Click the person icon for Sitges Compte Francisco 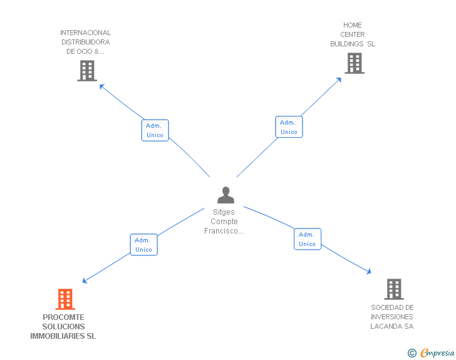(225, 195)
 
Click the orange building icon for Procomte (65, 299)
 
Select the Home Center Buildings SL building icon (354, 63)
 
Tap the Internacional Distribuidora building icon (87, 71)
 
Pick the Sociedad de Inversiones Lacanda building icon (393, 289)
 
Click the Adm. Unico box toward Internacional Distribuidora (155, 130)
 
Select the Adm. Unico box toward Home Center (289, 127)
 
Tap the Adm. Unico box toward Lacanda (307, 239)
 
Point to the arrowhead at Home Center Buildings (339, 80)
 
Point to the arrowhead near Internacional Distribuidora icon (102, 86)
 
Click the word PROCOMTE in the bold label (63, 317)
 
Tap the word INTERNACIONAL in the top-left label (86, 33)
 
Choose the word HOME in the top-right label (353, 26)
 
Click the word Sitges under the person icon (224, 212)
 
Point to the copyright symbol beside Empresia (412, 353)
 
